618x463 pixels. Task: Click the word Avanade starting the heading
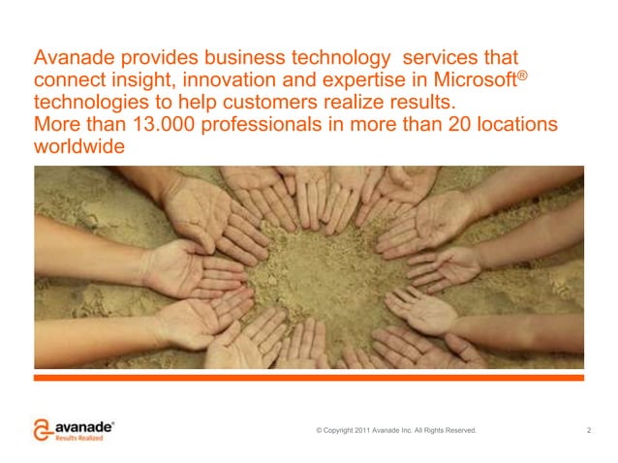tap(73, 56)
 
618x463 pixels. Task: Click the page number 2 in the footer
tap(589, 429)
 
